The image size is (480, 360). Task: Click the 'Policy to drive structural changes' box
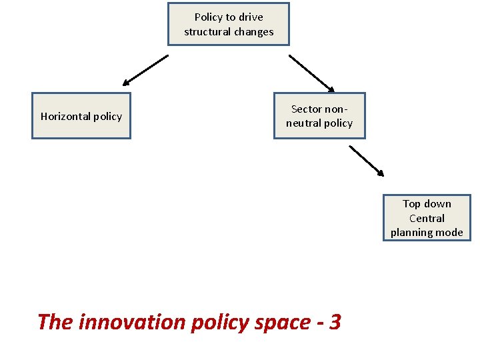tap(229, 24)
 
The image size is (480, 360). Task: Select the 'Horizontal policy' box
tap(81, 116)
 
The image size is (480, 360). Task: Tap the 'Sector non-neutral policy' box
tap(319, 116)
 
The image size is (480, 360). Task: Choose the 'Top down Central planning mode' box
tap(427, 218)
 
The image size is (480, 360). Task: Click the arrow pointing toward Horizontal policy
tap(145, 71)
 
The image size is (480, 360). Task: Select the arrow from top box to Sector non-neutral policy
tap(311, 73)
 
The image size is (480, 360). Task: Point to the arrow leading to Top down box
tap(367, 161)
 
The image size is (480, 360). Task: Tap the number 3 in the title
tap(335, 322)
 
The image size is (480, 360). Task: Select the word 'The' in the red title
tap(55, 322)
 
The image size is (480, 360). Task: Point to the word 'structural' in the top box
tap(207, 32)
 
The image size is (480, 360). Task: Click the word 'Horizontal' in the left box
tap(65, 116)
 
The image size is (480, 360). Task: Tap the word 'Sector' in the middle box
tap(307, 109)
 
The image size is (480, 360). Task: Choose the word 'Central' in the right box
tap(427, 218)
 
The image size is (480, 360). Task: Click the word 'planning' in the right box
tap(412, 233)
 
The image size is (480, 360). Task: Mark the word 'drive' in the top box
tap(251, 17)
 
